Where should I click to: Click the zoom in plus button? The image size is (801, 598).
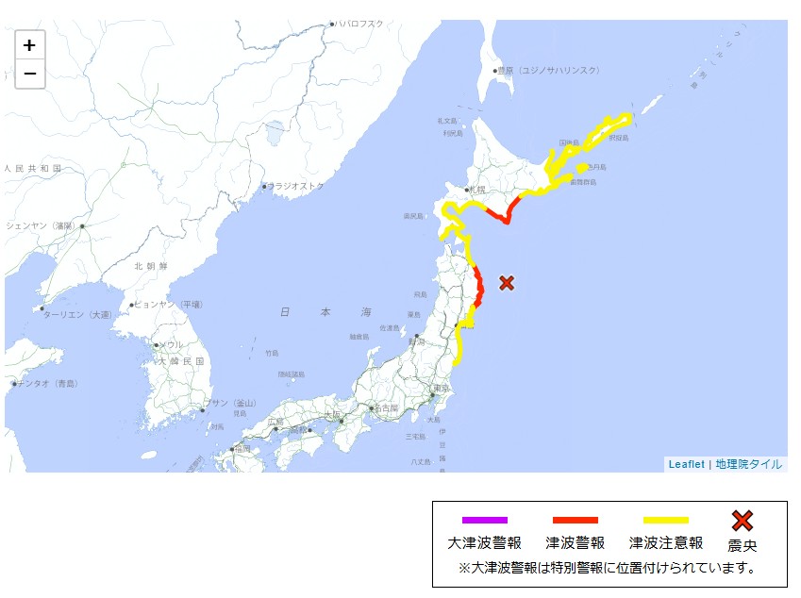[30, 44]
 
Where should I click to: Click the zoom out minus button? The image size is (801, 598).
[30, 73]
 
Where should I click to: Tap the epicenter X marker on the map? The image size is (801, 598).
[507, 282]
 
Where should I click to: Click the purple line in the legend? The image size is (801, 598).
[485, 520]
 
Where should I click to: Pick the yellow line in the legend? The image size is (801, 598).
[666, 520]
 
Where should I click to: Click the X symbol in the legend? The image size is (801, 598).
[743, 520]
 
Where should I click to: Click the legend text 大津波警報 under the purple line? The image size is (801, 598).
[485, 543]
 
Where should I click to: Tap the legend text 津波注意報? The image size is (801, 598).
[666, 543]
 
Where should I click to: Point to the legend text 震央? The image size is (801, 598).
[743, 545]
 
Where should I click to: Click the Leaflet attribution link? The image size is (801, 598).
[686, 464]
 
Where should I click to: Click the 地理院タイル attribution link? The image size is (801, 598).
[748, 464]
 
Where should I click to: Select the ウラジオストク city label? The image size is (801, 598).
[296, 187]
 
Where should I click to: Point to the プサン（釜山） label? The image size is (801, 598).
[228, 404]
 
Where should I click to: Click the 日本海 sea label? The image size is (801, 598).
[325, 312]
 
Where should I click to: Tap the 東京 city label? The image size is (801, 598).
[440, 388]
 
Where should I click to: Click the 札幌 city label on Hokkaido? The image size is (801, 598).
[477, 190]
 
